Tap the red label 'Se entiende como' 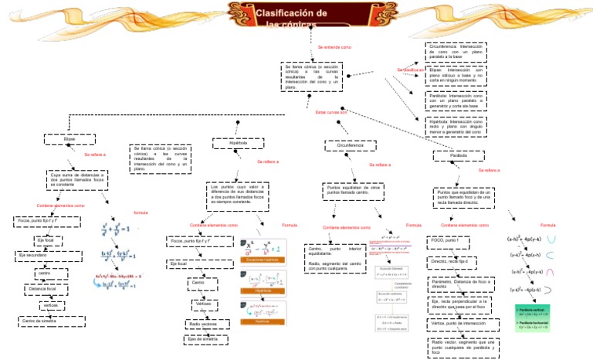coord(334,49)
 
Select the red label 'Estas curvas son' coord(333,112)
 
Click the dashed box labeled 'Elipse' coord(69,140)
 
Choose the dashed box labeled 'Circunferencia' coord(350,145)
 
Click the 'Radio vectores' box coord(202,324)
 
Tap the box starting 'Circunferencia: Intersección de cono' coord(456,51)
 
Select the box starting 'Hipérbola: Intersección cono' coord(456,127)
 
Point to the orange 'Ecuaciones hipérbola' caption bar coord(263,260)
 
